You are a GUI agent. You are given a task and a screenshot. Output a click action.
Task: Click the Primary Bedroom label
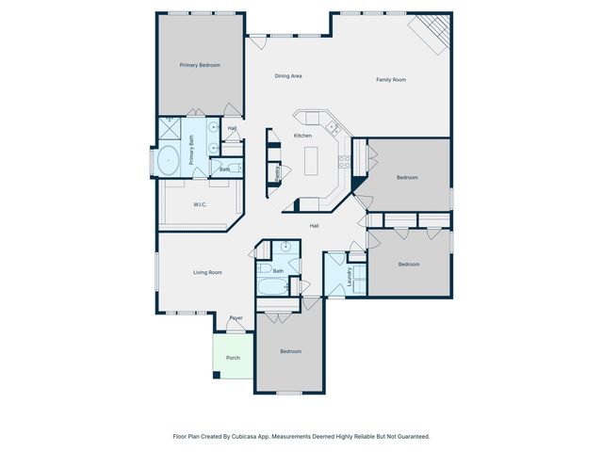coord(200,65)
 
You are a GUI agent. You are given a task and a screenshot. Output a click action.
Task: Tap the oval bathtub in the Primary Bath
coord(170,161)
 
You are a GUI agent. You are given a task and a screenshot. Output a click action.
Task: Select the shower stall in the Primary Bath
coord(170,129)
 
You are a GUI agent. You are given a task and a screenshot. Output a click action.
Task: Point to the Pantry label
coord(277,173)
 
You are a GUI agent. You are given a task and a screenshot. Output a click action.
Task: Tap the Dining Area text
coord(287,75)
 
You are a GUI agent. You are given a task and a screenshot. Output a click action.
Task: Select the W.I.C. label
coord(200,204)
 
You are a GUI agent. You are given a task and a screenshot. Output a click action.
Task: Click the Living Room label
coord(207,272)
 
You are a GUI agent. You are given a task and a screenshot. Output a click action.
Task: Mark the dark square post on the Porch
coord(217,376)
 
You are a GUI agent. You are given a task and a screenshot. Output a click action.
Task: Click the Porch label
coord(232,358)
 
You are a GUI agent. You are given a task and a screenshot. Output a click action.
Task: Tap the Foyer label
coord(236,317)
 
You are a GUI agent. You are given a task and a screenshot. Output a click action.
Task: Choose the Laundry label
coord(349,277)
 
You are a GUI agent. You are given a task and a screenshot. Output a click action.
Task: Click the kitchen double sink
coord(330,125)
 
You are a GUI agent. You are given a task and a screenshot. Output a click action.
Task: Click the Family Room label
coord(391,80)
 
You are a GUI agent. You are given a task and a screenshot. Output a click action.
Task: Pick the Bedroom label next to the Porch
coord(290,351)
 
